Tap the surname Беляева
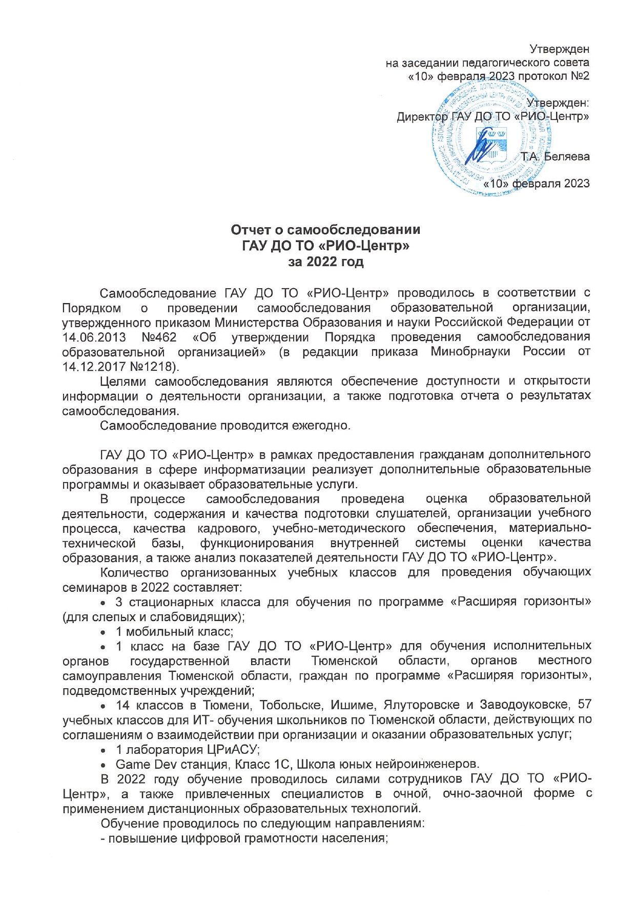coord(566,156)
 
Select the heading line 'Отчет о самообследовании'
coord(325,229)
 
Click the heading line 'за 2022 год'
coord(325,262)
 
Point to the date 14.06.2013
coord(94,337)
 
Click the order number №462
coord(158,337)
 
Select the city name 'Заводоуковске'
coord(529,705)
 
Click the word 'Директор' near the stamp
coord(422,117)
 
